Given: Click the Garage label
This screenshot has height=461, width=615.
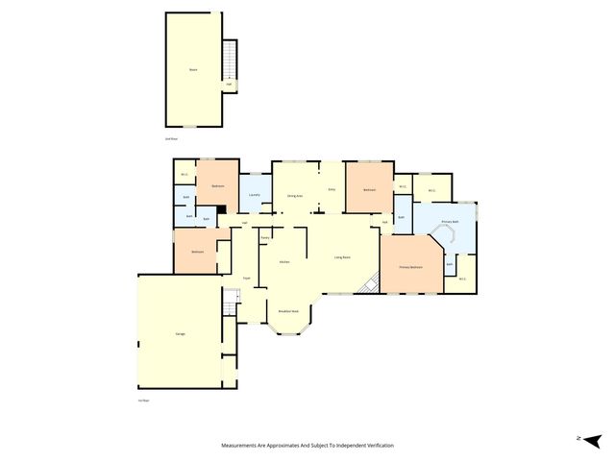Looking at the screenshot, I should [x=180, y=333].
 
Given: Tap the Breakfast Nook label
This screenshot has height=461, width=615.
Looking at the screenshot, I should [x=288, y=311].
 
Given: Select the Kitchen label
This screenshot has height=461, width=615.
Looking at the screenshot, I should [x=284, y=261].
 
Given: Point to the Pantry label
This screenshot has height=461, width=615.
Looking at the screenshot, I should [x=264, y=237].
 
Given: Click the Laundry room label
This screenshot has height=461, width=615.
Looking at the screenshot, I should [x=254, y=195].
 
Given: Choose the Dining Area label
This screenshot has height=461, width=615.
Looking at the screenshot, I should [x=295, y=196].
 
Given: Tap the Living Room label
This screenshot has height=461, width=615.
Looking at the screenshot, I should [x=341, y=256].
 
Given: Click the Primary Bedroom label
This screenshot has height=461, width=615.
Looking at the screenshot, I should [x=411, y=268].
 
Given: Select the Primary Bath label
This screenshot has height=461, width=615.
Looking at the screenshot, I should [x=449, y=222].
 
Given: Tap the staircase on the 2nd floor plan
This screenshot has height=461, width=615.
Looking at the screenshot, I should [x=230, y=61].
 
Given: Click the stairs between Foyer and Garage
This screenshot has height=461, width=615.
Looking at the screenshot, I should [x=229, y=305].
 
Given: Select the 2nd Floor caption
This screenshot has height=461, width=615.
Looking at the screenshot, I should [x=171, y=138].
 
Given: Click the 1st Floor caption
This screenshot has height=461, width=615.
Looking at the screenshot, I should [x=144, y=400].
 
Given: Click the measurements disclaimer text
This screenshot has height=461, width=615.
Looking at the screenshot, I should [x=307, y=446].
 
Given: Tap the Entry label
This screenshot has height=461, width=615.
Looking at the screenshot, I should [x=332, y=190].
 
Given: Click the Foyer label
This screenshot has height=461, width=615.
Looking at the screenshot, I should [x=247, y=278].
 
